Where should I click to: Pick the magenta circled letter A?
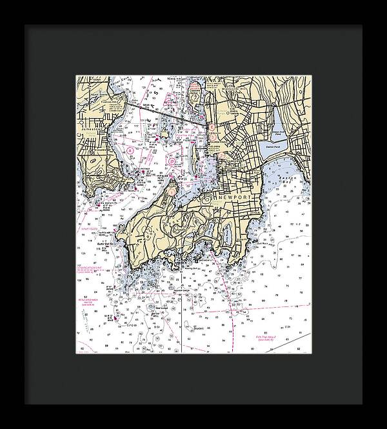click(x=131, y=150)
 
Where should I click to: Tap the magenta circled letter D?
click(x=172, y=159)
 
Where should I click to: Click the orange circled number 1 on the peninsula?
click(x=172, y=190)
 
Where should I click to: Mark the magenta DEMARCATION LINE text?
click(x=91, y=266)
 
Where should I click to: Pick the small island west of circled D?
click(x=162, y=134)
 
